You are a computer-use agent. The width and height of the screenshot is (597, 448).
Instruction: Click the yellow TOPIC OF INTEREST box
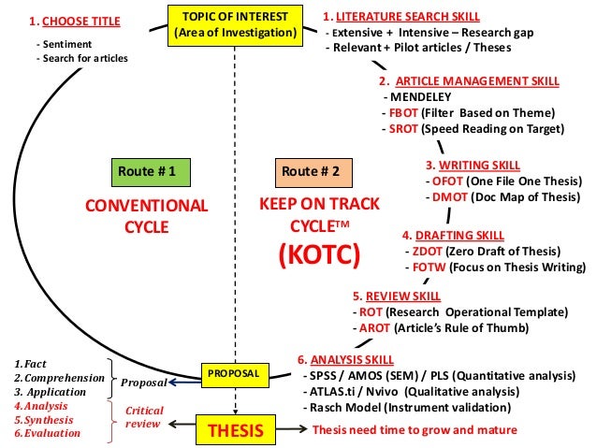[x=237, y=25]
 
